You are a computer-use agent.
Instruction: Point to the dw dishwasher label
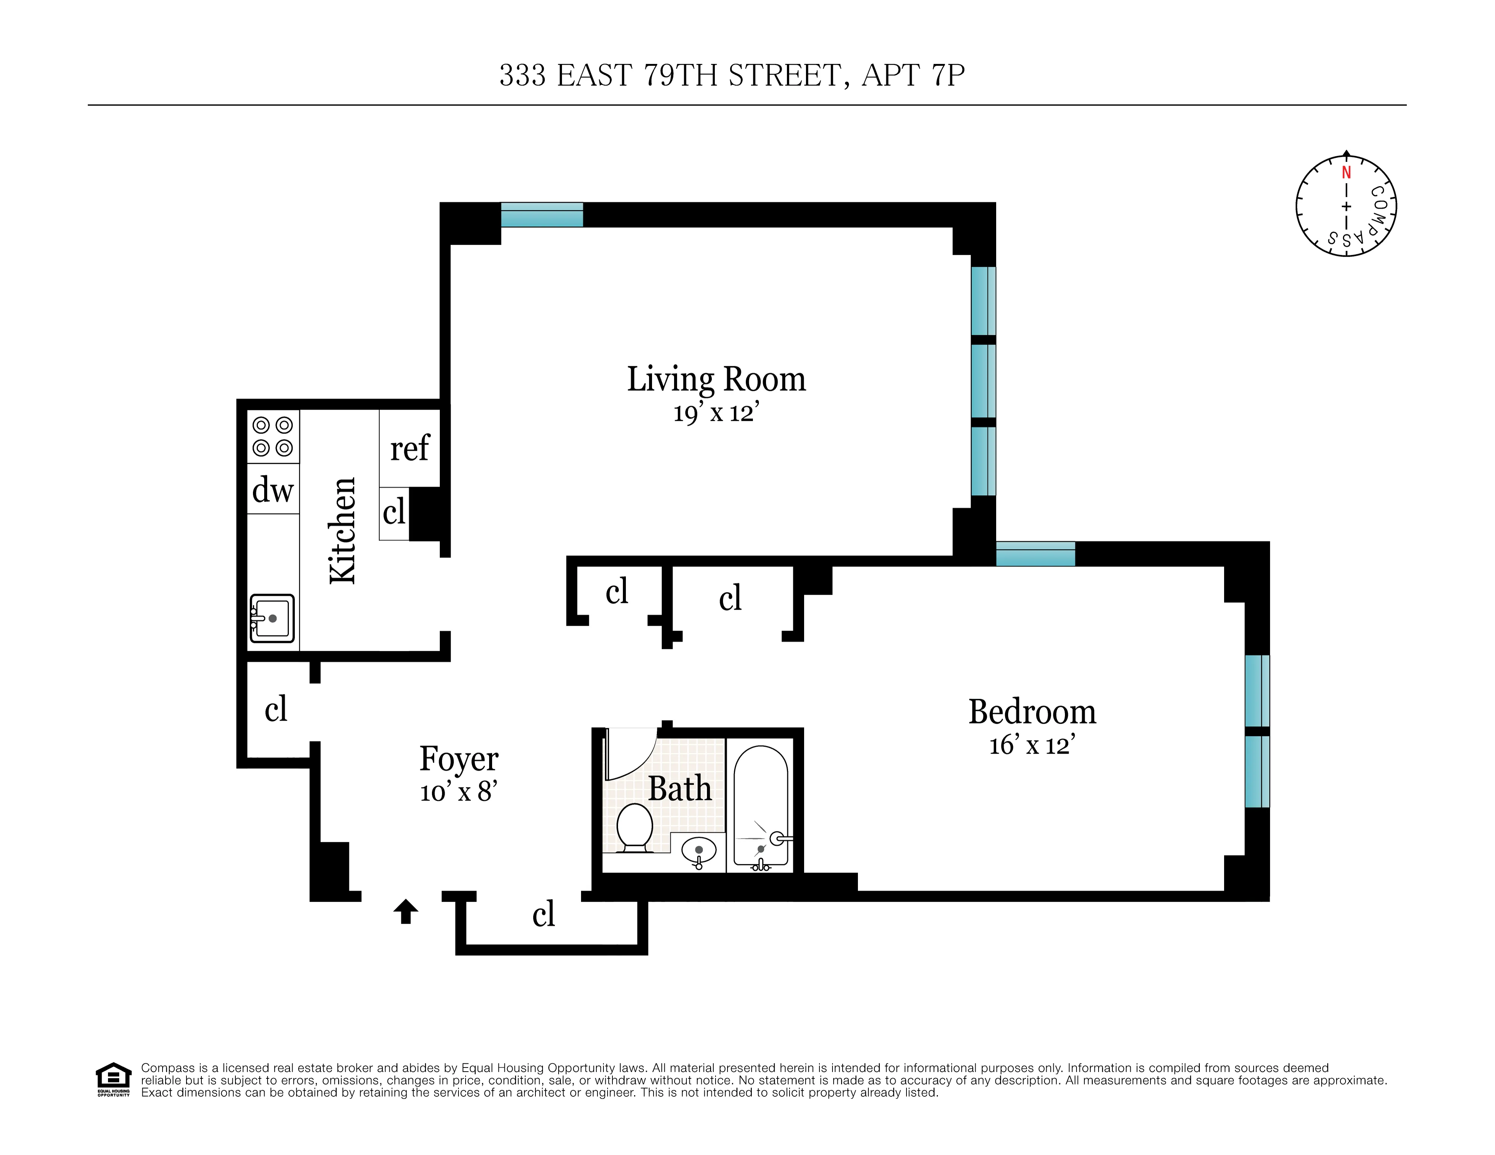272,490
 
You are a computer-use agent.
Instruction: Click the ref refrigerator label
410,449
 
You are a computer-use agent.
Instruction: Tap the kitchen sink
272,618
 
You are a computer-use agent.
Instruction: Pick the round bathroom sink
699,851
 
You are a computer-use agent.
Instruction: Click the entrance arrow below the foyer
406,911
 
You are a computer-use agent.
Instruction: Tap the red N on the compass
1346,173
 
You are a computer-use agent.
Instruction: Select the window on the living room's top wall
541,214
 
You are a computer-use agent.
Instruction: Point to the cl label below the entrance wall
544,914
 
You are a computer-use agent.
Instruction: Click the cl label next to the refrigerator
394,512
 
